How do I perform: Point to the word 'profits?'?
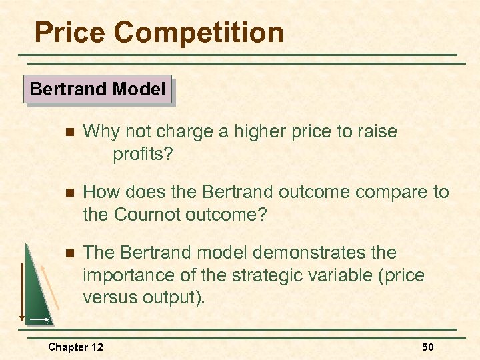(x=143, y=155)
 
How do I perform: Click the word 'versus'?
(x=107, y=298)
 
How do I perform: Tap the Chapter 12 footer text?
(x=75, y=347)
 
